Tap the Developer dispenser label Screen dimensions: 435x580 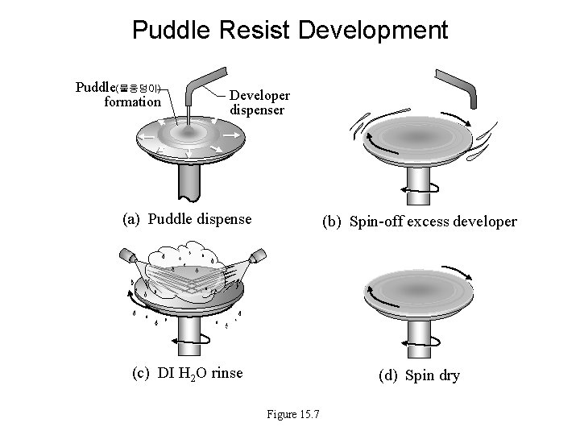259,102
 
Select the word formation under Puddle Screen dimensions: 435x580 133,101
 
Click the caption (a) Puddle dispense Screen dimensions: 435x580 186,218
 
